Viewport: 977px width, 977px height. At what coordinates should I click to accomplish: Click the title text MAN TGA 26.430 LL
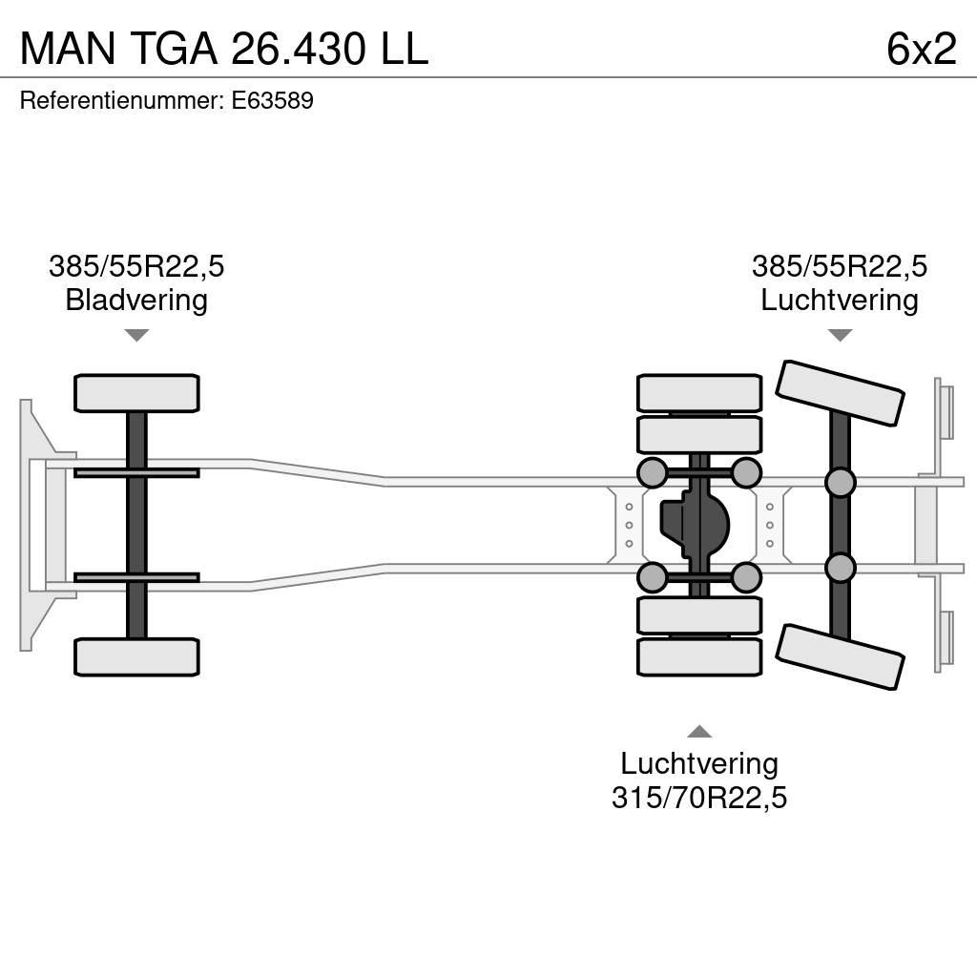(223, 48)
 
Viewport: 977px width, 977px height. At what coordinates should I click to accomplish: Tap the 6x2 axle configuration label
(921, 48)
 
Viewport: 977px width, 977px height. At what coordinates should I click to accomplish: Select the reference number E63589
(272, 101)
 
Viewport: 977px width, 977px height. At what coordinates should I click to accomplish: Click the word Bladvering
(136, 301)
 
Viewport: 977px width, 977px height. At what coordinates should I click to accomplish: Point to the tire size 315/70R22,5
(698, 798)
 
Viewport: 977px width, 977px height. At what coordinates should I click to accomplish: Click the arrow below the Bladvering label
(136, 335)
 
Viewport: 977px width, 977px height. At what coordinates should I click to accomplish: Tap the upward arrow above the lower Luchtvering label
(699, 731)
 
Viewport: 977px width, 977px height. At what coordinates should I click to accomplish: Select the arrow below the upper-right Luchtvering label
(840, 335)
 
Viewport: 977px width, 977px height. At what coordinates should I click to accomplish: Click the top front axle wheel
(136, 393)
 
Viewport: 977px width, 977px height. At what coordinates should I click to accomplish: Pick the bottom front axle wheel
(136, 656)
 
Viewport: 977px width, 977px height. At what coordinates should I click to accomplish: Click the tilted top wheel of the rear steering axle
(840, 392)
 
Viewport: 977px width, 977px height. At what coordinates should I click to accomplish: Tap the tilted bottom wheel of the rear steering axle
(840, 656)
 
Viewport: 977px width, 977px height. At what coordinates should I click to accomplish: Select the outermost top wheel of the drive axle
(699, 393)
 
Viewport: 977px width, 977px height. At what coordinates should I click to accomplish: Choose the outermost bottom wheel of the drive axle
(699, 656)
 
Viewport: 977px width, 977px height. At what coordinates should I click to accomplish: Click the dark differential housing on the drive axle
(695, 525)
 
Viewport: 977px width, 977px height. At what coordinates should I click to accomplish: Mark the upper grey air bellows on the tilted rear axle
(840, 483)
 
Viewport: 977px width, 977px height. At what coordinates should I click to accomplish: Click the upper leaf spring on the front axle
(136, 472)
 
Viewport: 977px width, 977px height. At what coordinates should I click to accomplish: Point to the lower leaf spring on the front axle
(136, 577)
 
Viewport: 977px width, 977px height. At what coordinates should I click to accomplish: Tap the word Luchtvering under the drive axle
(698, 763)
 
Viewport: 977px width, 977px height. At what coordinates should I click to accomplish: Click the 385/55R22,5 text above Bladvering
(136, 266)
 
